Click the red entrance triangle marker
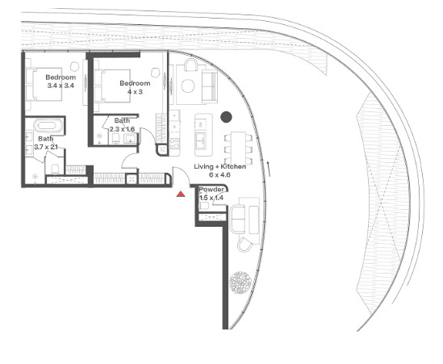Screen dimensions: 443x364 tap(181, 195)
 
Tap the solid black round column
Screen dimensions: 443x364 tap(226, 117)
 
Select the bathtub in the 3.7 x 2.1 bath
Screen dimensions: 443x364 tap(48, 125)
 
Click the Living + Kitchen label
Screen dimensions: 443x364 tap(219, 166)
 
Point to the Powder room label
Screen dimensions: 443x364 tap(211, 189)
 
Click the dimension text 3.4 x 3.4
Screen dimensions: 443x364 tap(61, 86)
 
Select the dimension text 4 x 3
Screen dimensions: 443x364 tap(135, 92)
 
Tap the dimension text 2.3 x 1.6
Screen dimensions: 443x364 tap(122, 129)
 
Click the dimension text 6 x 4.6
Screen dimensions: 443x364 tap(219, 175)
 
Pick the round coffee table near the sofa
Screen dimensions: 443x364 tap(188, 86)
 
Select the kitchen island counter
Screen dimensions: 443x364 tap(203, 135)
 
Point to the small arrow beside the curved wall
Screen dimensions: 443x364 tap(269, 169)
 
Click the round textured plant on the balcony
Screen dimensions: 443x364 tap(240, 282)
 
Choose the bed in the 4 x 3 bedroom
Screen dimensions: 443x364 tap(112, 86)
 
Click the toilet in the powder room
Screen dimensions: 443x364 tap(203, 206)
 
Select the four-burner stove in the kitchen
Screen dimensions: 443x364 tap(174, 144)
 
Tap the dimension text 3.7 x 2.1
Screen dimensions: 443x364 tap(46, 147)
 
